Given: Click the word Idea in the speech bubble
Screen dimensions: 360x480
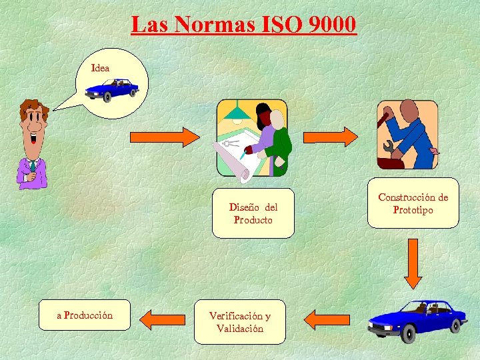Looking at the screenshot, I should tap(101, 68).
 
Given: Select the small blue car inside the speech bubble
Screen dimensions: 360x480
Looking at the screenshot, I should tap(112, 89).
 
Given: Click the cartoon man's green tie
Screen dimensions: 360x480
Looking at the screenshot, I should tap(32, 166).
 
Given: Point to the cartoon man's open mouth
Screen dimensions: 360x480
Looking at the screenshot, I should tap(33, 139).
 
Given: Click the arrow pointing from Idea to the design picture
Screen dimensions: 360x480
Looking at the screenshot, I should tap(164, 137).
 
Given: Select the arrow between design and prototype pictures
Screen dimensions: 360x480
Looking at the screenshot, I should tap(331, 137).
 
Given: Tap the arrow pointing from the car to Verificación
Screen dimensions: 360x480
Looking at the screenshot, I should tap(331, 319).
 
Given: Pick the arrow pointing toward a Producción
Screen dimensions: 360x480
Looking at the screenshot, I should tap(164, 319).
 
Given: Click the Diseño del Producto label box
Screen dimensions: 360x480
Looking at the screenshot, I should tap(253, 213).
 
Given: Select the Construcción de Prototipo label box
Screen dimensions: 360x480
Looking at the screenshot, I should tap(413, 203).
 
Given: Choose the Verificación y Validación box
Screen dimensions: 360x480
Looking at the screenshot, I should tap(239, 321).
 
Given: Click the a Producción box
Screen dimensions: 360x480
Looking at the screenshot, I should tap(85, 315).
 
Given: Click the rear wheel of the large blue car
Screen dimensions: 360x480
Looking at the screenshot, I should tap(456, 325).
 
